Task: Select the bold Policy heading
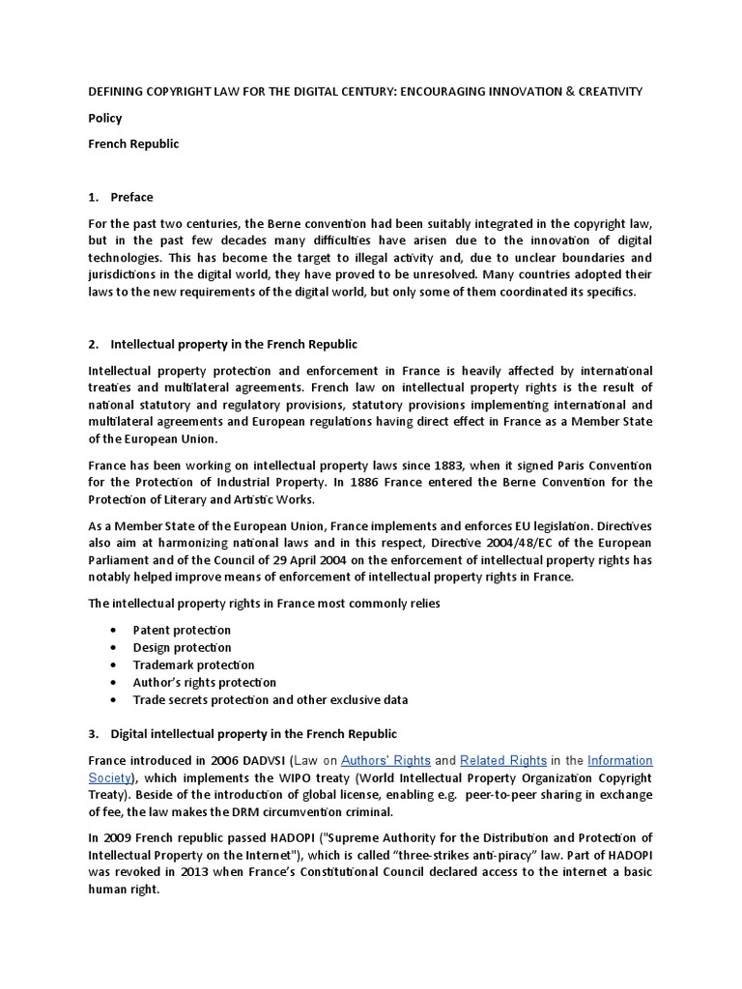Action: click(x=104, y=118)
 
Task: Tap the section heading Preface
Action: click(x=131, y=197)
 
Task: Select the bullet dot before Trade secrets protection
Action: click(x=112, y=699)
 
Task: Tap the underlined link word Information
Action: click(x=620, y=761)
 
